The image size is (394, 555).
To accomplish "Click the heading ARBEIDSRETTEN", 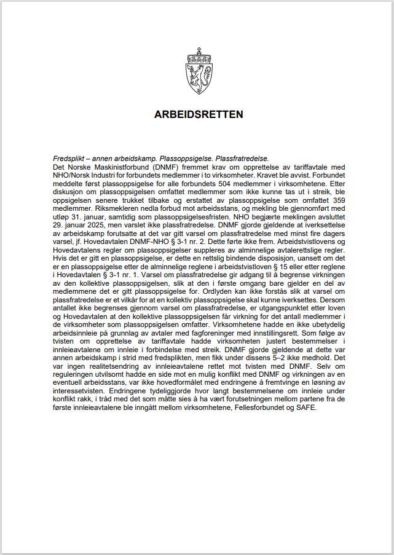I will (198, 114).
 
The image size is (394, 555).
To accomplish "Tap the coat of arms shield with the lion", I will (198, 79).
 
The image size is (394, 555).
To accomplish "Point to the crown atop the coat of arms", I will (198, 55).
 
